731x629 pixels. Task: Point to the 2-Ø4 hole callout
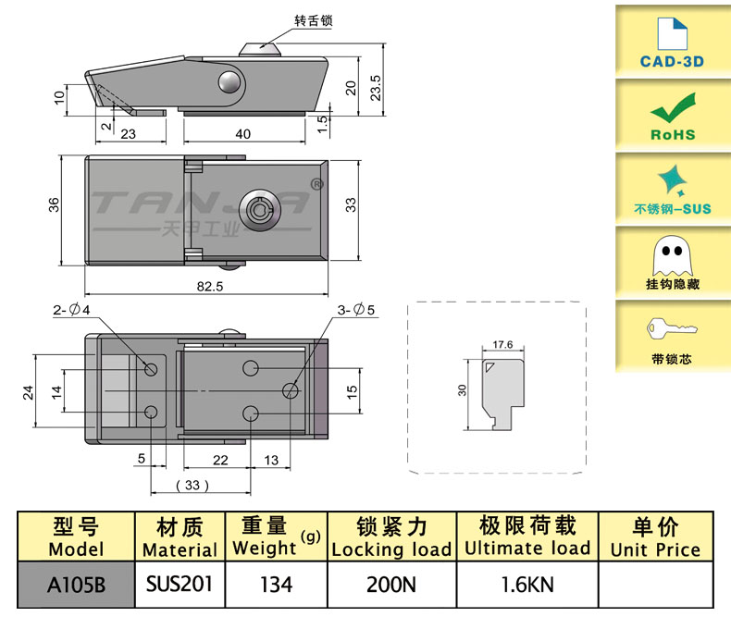[x=71, y=310]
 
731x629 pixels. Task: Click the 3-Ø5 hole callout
[x=355, y=310]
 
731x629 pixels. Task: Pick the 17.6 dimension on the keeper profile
[x=503, y=344]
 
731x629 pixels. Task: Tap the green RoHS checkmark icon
[x=672, y=108]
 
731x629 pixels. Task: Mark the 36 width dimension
[x=55, y=204]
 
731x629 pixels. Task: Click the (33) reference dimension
[x=193, y=485]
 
